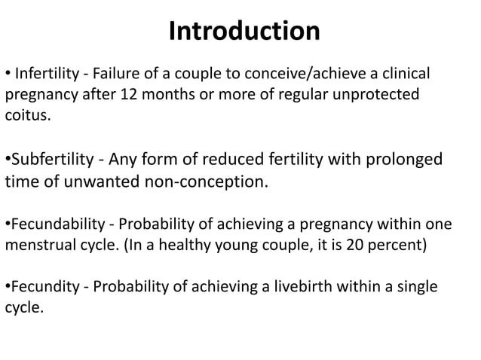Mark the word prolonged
click(403, 160)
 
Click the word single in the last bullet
click(417, 287)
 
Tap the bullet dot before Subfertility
click(8, 161)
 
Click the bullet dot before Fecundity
click(8, 288)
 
